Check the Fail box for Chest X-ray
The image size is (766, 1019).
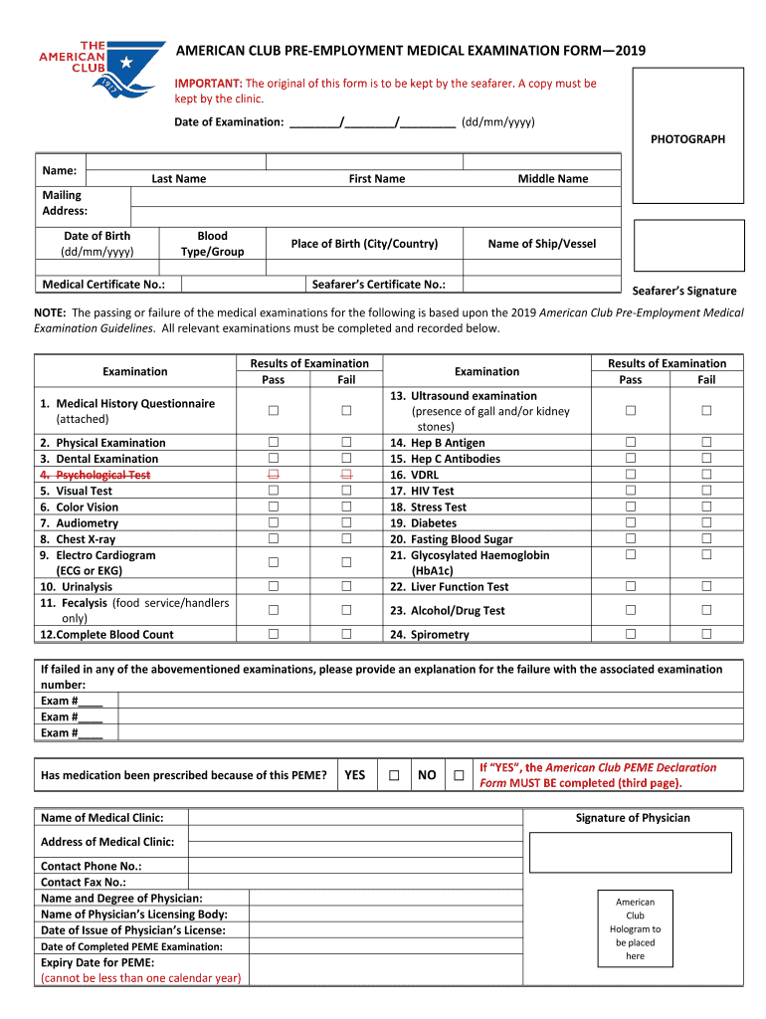point(347,539)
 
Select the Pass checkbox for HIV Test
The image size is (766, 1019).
point(630,491)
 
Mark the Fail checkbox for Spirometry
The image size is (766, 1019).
point(706,634)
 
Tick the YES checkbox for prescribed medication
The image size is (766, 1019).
point(395,775)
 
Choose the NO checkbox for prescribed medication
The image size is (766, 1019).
point(459,775)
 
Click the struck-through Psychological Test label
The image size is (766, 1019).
point(96,475)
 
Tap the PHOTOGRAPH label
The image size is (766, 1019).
point(687,139)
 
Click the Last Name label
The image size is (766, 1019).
point(179,179)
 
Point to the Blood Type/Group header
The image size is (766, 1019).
point(212,244)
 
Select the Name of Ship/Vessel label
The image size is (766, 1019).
point(542,244)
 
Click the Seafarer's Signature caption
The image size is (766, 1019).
point(684,291)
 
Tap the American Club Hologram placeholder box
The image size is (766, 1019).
point(635,928)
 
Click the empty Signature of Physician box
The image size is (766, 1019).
point(631,853)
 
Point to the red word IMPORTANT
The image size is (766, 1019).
point(208,84)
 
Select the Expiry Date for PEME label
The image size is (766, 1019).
point(97,962)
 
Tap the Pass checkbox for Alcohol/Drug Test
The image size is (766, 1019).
point(630,610)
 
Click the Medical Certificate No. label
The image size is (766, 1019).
point(103,285)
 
